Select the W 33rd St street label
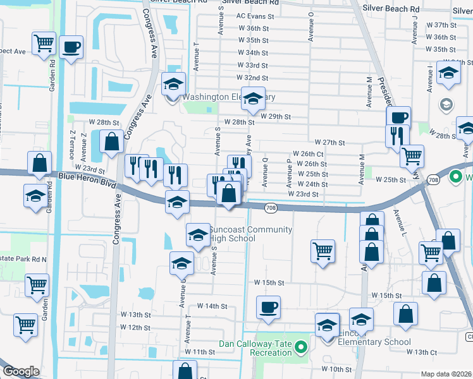(x=252, y=66)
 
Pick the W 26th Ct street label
(x=308, y=154)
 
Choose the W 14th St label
(x=211, y=306)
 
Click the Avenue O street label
(x=311, y=26)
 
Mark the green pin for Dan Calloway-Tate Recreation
(x=302, y=347)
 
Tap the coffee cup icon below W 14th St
(x=267, y=307)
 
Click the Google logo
(x=21, y=372)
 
